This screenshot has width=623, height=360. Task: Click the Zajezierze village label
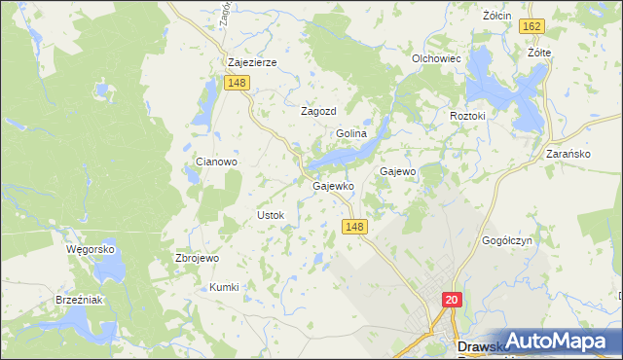(x=252, y=62)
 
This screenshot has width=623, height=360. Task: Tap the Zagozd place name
(x=317, y=111)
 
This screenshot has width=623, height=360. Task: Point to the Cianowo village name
(x=217, y=162)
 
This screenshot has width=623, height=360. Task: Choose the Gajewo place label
(x=397, y=171)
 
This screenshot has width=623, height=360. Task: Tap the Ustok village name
(x=270, y=214)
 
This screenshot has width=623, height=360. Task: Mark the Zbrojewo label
(x=197, y=258)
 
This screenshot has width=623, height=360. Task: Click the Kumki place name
(x=224, y=287)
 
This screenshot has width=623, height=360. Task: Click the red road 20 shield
(x=452, y=301)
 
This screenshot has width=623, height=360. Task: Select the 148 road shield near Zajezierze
(x=238, y=84)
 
